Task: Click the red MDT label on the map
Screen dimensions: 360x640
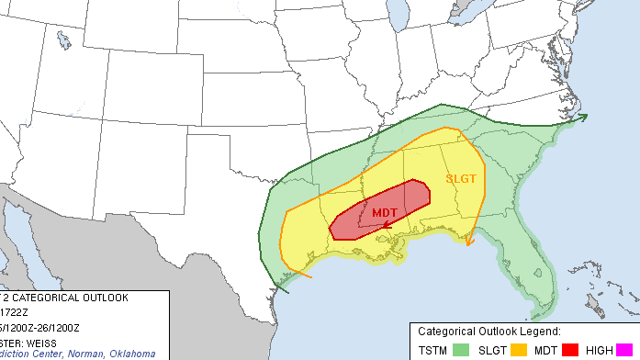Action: (386, 212)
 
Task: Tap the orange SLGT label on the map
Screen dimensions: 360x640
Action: (461, 179)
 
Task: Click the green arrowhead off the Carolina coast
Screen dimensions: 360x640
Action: (583, 117)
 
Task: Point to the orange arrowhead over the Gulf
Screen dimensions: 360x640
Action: (470, 241)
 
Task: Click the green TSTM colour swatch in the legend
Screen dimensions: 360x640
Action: (461, 349)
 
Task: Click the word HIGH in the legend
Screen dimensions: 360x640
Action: (600, 349)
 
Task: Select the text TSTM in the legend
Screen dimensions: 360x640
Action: (433, 349)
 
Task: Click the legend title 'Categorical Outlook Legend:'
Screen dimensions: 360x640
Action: (489, 331)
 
